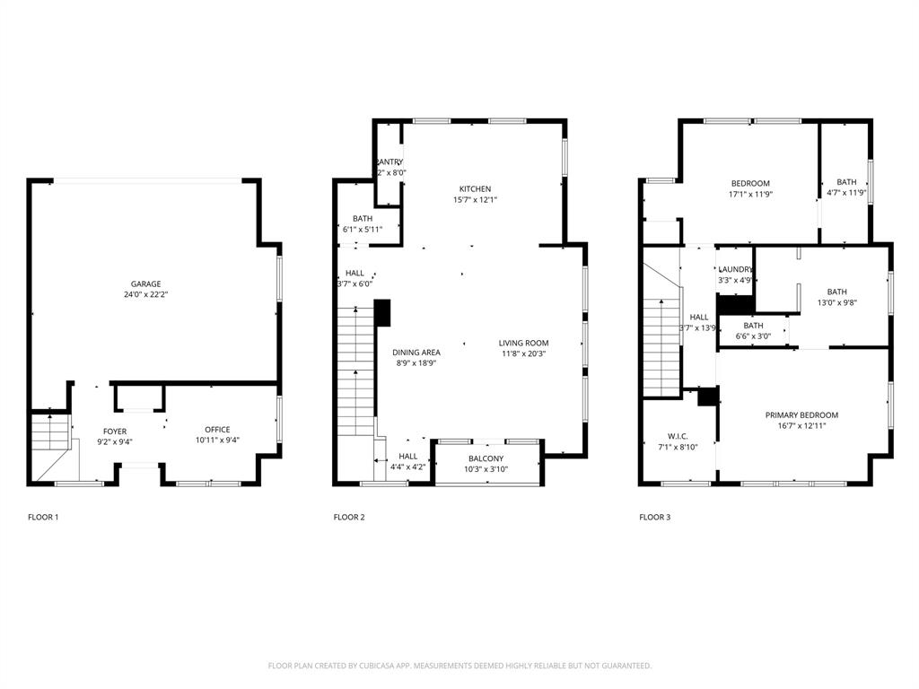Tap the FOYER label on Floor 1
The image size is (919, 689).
[x=115, y=432]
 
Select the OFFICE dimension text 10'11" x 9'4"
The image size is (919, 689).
[x=217, y=440]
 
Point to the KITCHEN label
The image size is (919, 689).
[x=475, y=189]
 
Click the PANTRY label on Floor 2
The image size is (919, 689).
[x=389, y=162]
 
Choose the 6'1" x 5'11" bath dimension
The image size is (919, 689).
[x=363, y=230]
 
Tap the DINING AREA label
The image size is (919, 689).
[x=416, y=353]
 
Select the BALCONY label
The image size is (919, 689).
[x=486, y=459]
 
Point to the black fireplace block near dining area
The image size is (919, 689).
[x=382, y=312]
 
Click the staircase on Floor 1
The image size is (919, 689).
[x=51, y=436]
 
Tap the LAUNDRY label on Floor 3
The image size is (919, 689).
[x=735, y=269]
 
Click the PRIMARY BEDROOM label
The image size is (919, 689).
[x=801, y=415]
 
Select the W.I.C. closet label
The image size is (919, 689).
[x=678, y=436]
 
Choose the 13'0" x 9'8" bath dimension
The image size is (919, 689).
[x=836, y=303]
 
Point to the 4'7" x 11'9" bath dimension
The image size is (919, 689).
[x=846, y=193]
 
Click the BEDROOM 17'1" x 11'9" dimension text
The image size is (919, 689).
[x=750, y=194]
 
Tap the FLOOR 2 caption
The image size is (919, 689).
[x=349, y=518]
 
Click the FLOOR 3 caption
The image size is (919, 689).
[x=654, y=518]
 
